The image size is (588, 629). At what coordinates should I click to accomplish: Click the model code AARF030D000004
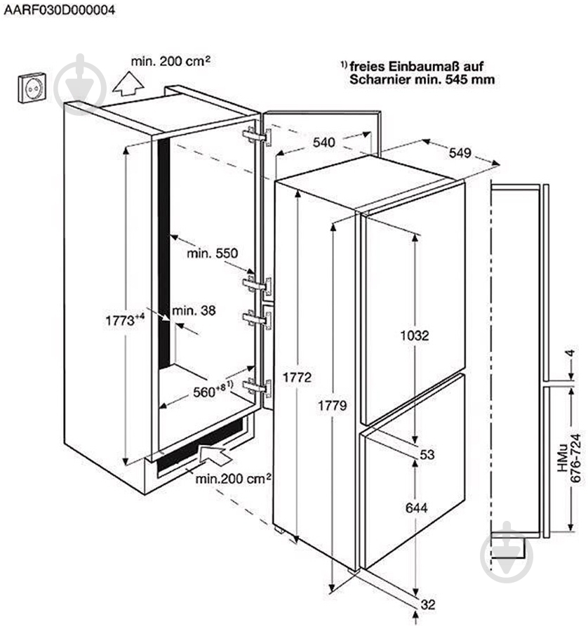[60, 10]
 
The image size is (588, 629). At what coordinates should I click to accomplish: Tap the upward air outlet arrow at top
[128, 84]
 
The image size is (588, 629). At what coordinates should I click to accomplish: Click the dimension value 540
[324, 142]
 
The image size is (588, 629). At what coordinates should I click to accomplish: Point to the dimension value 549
[460, 153]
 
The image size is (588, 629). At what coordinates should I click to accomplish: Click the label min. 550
[212, 253]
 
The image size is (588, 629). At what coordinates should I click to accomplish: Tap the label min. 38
[194, 310]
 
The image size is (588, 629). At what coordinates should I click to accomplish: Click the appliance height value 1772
[297, 377]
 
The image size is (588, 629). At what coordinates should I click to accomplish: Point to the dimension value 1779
[332, 406]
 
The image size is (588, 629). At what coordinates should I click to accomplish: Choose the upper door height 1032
[415, 335]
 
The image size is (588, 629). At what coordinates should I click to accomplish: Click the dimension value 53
[427, 454]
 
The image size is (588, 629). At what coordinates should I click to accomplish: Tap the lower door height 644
[416, 508]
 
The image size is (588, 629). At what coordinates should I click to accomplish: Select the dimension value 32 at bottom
[428, 604]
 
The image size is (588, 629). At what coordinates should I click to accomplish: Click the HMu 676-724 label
[569, 458]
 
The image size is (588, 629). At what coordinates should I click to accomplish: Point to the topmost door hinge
[257, 136]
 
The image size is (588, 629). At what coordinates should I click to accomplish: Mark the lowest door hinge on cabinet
[257, 388]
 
